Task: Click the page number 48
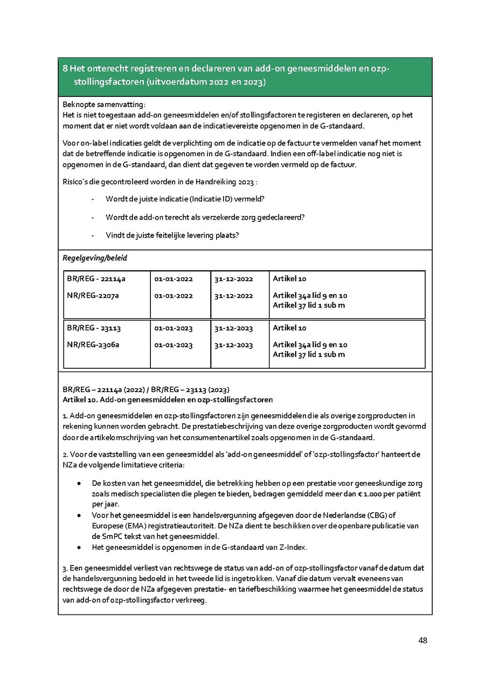click(422, 640)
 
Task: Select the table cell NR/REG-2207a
click(93, 296)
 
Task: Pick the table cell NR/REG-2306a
click(93, 345)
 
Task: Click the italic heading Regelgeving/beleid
click(95, 258)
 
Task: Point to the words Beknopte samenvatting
click(104, 104)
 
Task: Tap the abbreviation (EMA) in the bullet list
click(135, 526)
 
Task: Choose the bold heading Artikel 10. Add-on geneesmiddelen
click(168, 400)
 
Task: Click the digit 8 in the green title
click(65, 69)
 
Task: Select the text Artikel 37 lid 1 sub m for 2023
click(309, 354)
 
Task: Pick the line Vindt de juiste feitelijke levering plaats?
click(172, 235)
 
